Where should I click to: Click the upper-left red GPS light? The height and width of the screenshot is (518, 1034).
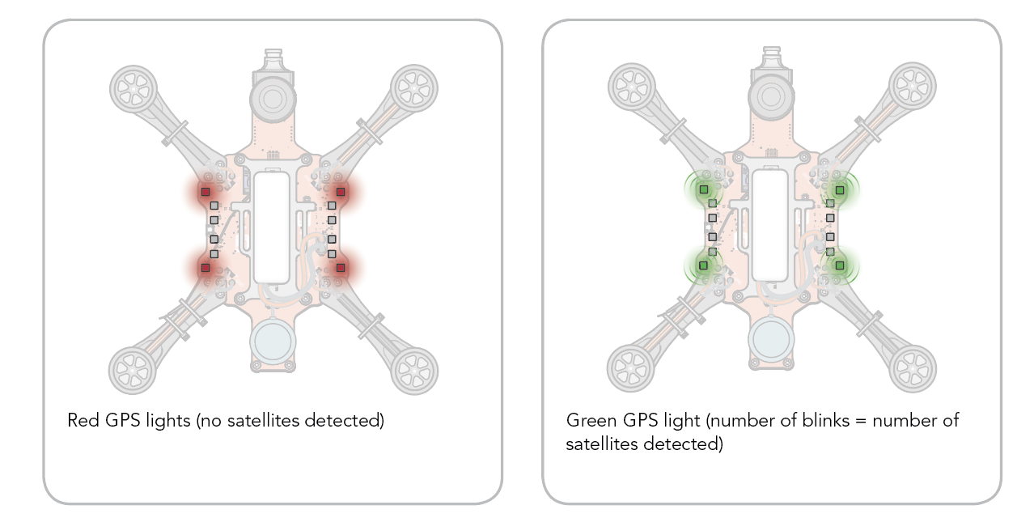click(x=206, y=192)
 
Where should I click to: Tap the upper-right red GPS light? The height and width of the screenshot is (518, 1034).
click(x=341, y=192)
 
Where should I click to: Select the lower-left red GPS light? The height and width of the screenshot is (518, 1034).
click(x=206, y=267)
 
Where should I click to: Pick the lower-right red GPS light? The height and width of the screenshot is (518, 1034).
click(x=341, y=267)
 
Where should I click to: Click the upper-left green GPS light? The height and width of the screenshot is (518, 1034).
click(x=704, y=189)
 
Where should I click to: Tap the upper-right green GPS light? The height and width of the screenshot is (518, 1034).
click(x=840, y=189)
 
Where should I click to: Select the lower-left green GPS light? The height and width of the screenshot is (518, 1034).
click(x=704, y=265)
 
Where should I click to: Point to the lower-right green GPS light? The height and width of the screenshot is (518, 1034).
click(x=840, y=265)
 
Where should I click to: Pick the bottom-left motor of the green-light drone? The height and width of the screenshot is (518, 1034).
click(x=630, y=368)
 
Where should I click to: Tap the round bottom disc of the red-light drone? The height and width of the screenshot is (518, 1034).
click(x=273, y=341)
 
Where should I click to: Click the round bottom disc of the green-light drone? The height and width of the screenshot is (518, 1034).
click(x=771, y=338)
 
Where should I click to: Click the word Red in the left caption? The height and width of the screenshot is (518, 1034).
click(x=81, y=421)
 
